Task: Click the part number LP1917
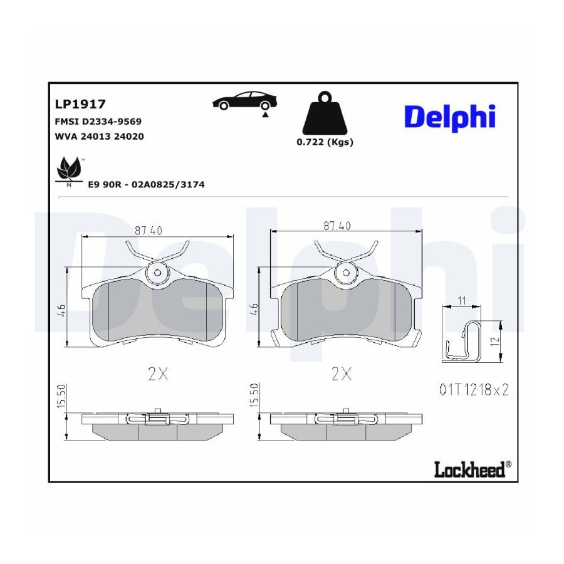[80, 104]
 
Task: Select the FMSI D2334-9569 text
[98, 122]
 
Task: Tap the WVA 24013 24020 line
[99, 137]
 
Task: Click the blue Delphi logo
[450, 118]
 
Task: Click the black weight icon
[325, 113]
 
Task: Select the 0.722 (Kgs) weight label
[325, 142]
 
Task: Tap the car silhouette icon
[245, 101]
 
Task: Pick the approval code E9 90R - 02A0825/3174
[147, 184]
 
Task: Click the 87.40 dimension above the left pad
[149, 230]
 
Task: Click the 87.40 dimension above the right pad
[337, 226]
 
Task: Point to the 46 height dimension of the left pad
[61, 310]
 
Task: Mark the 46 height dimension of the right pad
[254, 309]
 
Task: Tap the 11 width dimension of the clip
[462, 300]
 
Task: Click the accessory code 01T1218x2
[474, 390]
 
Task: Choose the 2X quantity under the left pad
[158, 375]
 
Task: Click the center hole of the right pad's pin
[346, 273]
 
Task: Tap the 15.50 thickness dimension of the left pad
[61, 396]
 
